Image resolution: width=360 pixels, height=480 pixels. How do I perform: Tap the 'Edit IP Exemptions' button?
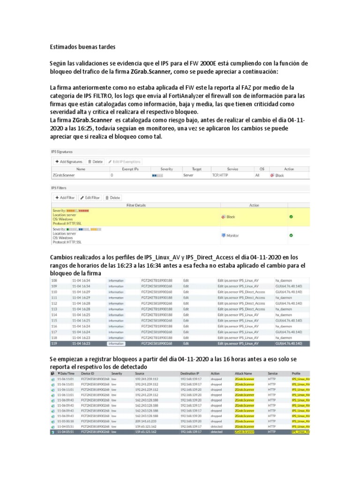coord(124,161)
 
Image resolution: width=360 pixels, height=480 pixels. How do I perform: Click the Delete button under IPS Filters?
coord(112,197)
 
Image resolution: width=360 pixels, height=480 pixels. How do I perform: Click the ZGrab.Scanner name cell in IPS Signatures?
coord(64,175)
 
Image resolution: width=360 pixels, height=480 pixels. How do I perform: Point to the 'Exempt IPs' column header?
coord(130,169)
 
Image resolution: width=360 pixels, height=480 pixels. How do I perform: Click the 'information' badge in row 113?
coord(116,309)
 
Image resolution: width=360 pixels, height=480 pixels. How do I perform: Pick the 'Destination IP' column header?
coord(190,373)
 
